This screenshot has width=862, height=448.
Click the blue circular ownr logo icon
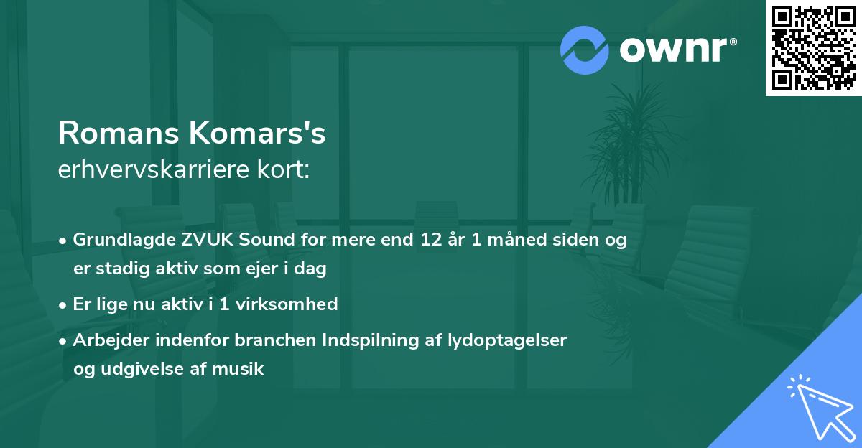click(585, 50)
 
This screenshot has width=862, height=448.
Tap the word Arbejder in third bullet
click(106, 340)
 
